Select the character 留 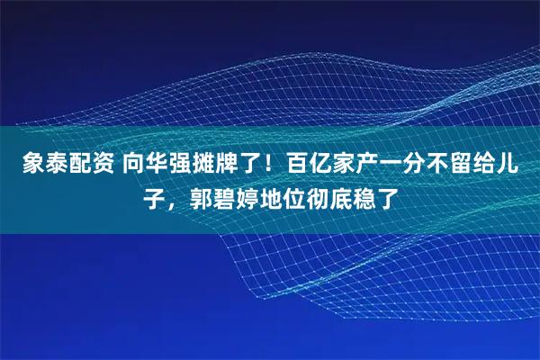(x=445, y=166)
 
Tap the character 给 (x=467, y=166)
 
